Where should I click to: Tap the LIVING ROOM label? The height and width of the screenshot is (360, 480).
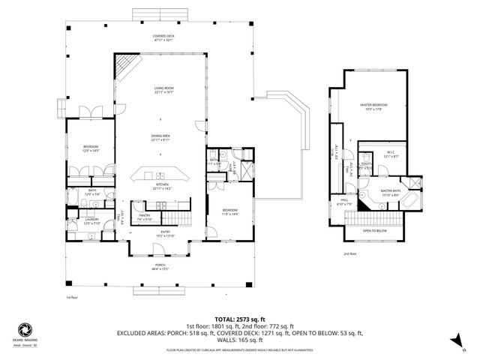(160, 90)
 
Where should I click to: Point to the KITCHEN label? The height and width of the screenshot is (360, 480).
(161, 186)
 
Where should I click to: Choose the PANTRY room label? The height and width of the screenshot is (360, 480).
(144, 217)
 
